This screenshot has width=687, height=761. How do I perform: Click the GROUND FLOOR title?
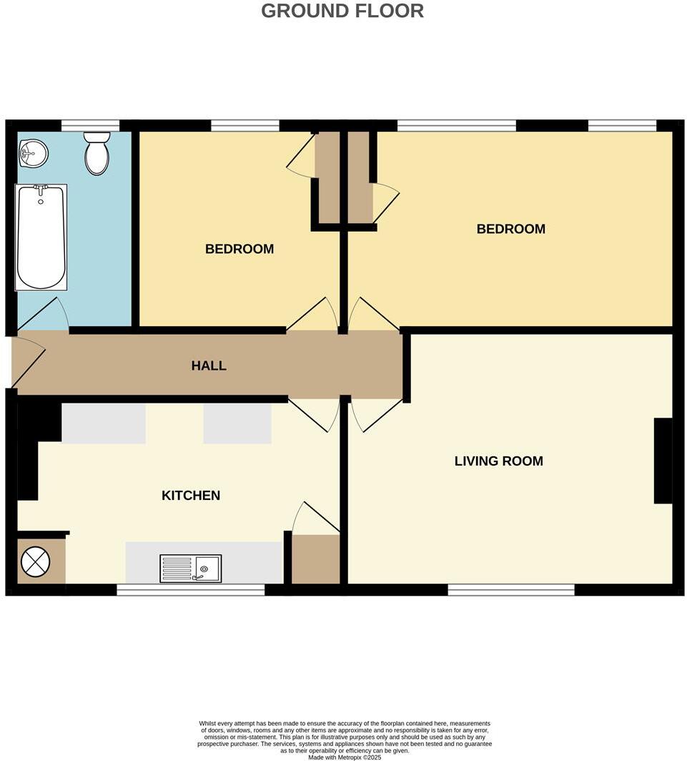[x=342, y=11]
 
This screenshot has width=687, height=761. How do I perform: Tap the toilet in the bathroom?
[x=97, y=153]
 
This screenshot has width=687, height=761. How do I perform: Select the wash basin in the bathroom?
[x=33, y=152]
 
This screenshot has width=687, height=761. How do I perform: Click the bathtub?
[x=41, y=237]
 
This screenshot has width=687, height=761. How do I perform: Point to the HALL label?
[x=209, y=365]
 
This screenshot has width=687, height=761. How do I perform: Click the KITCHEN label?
[x=191, y=495]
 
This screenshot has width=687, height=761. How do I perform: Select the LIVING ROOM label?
[x=498, y=461]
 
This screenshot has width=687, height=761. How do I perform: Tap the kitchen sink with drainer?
[x=190, y=569]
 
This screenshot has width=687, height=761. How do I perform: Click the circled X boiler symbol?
[x=36, y=561]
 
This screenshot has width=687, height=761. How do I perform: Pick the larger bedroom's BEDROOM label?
[x=510, y=229]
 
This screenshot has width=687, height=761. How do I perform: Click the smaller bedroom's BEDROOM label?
[x=239, y=249]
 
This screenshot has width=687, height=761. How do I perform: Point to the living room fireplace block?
[x=663, y=461]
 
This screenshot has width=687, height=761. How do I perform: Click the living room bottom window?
[x=511, y=589]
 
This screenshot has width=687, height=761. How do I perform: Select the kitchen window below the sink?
[x=190, y=589]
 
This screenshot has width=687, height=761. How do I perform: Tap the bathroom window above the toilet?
[x=90, y=126]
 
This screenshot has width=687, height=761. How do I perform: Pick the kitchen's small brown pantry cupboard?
[x=315, y=559]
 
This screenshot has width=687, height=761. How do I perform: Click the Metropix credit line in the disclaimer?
[x=344, y=757]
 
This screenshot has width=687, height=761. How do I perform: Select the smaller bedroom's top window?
[x=245, y=126]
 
